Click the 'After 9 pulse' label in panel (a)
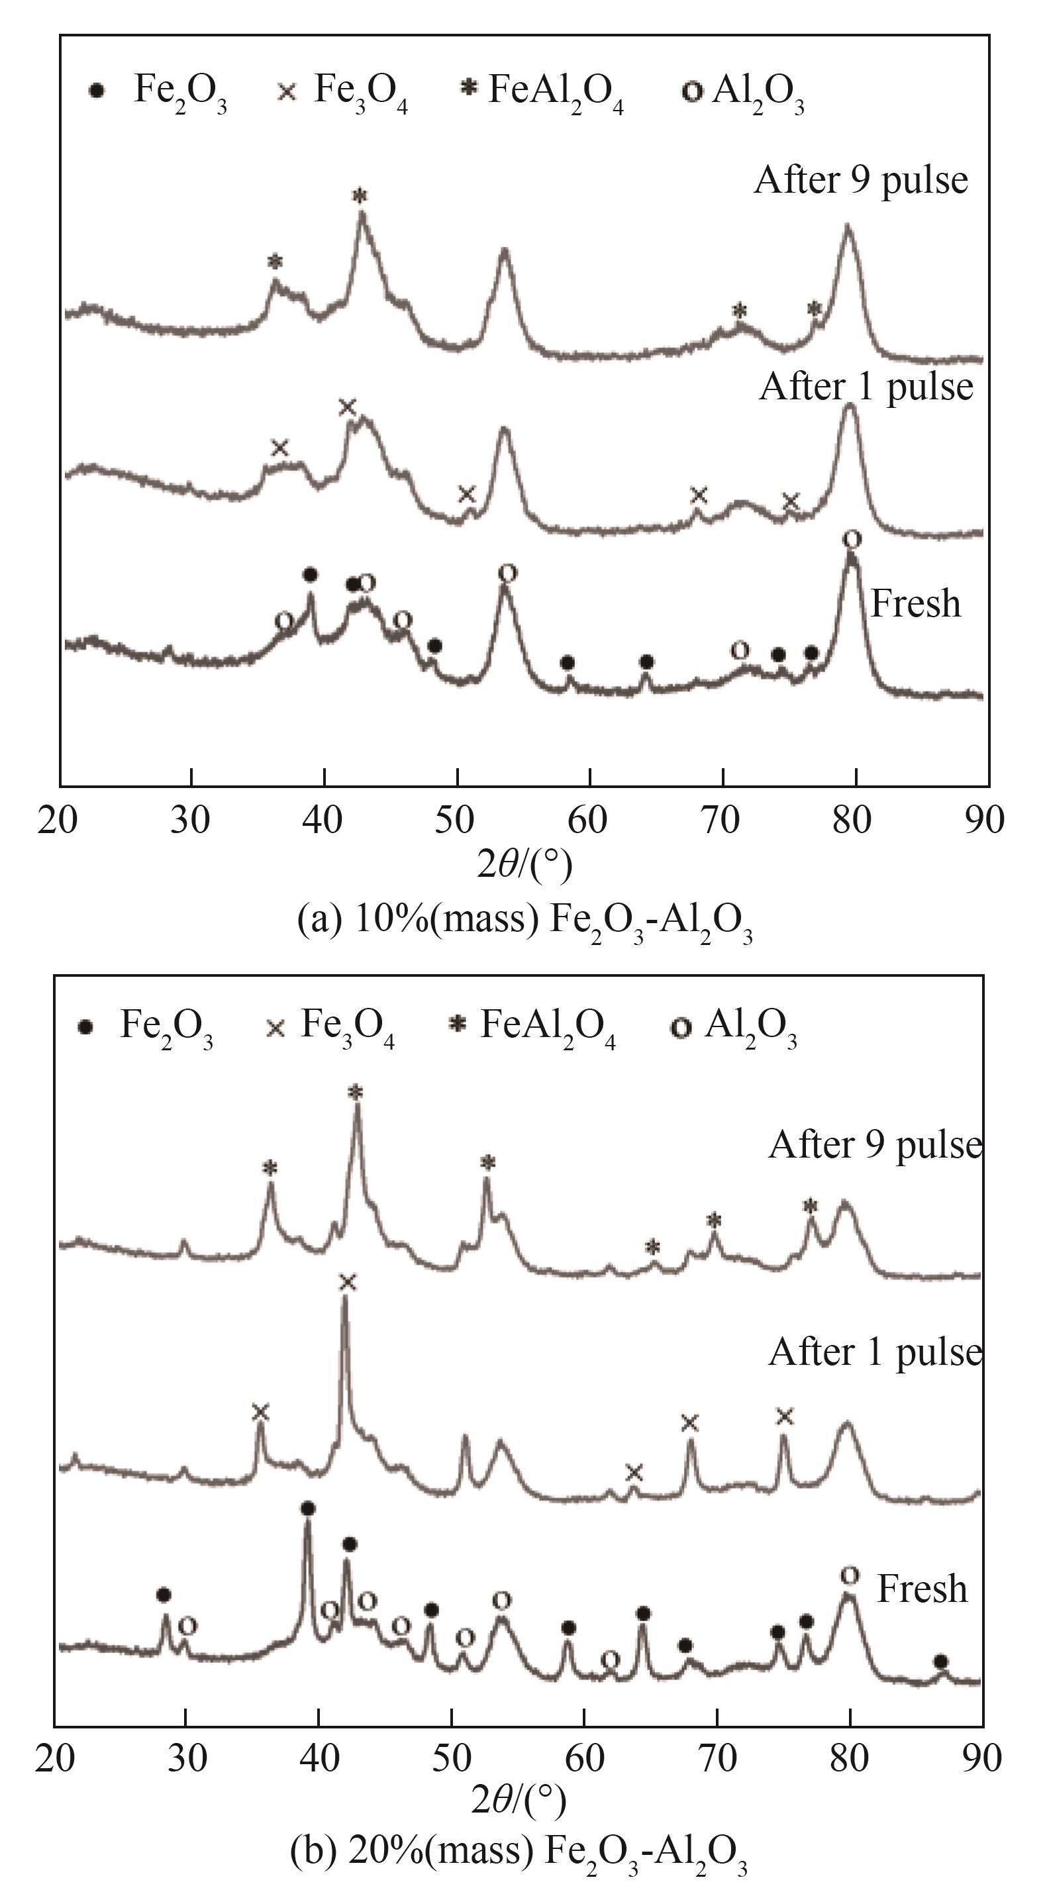(860, 181)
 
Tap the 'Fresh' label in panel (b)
(922, 1589)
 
